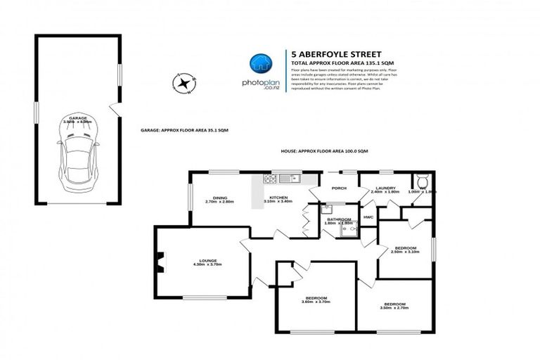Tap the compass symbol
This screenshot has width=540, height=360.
point(183,84)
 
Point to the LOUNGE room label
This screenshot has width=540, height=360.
point(207,262)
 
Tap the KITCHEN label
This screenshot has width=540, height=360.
point(276,199)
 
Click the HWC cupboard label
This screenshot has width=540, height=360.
point(368,217)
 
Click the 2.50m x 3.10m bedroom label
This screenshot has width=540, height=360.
point(406,250)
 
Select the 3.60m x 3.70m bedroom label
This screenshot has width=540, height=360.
point(315,300)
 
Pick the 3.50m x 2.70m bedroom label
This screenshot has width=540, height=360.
point(393,306)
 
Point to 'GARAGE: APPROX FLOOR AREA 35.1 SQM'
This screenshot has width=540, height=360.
point(184,131)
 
